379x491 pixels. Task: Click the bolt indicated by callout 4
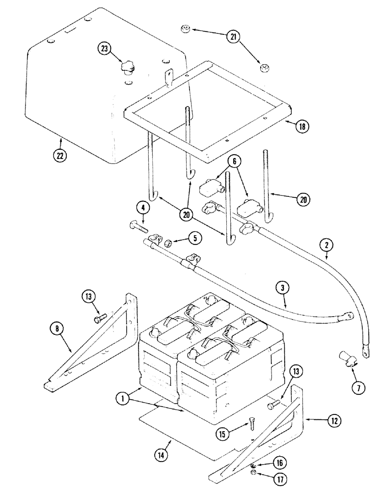[139, 227]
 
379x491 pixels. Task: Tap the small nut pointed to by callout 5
[168, 242]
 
